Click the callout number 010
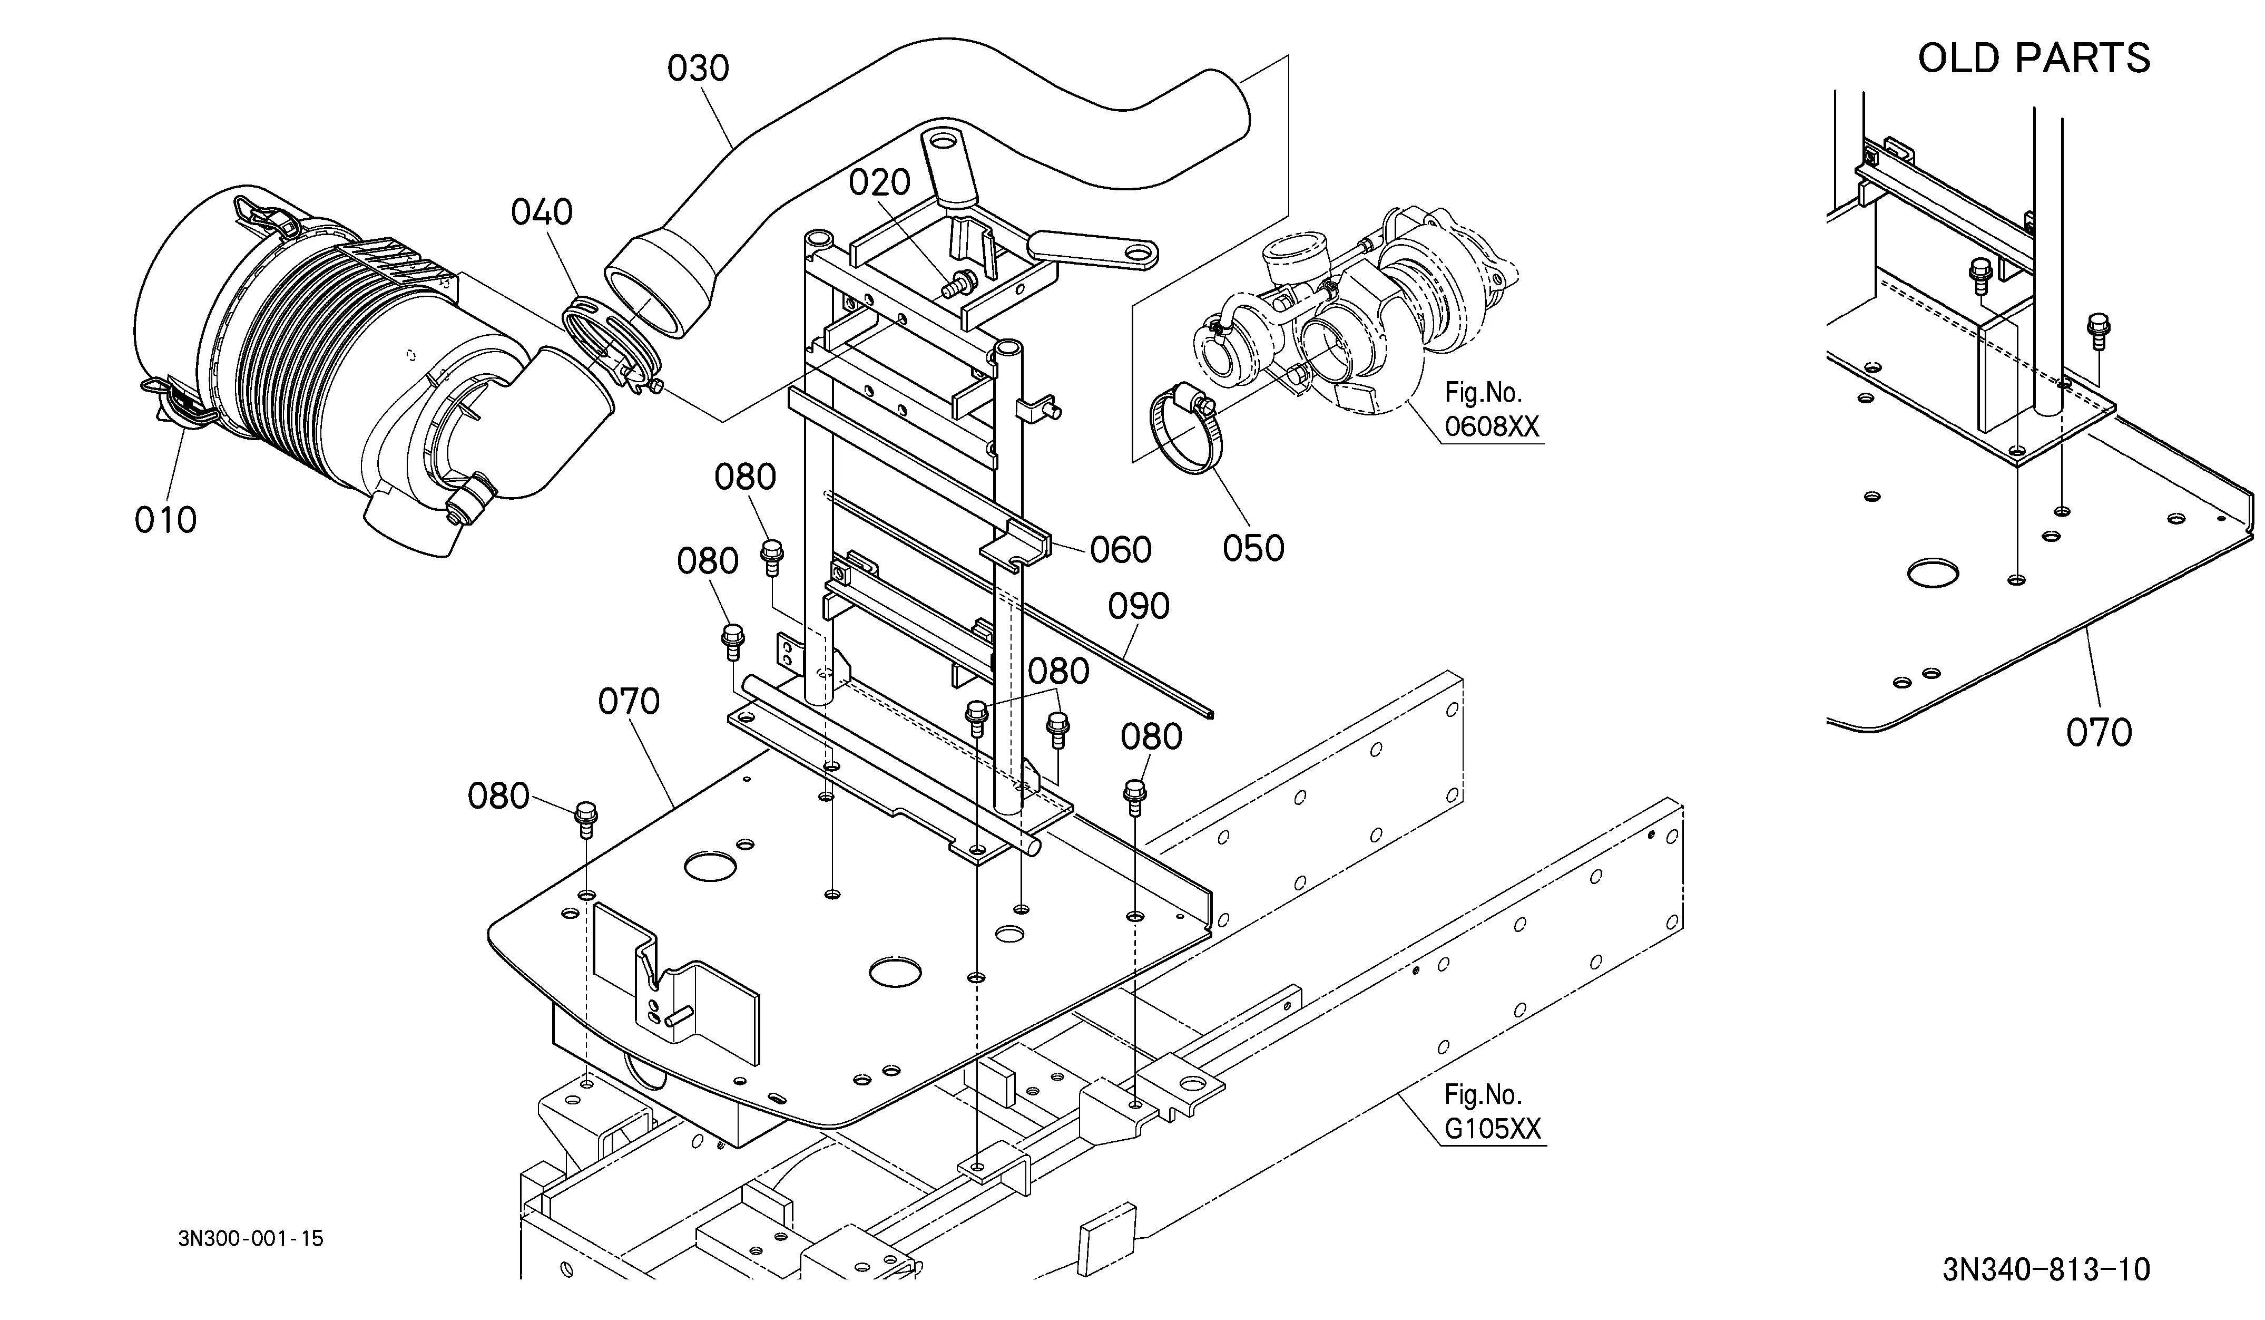[x=165, y=520]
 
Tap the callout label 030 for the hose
[x=699, y=69]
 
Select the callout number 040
[x=542, y=212]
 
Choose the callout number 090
[x=1139, y=606]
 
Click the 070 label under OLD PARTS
[x=2099, y=733]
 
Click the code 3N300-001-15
[x=251, y=1238]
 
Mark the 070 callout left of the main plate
[x=629, y=701]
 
